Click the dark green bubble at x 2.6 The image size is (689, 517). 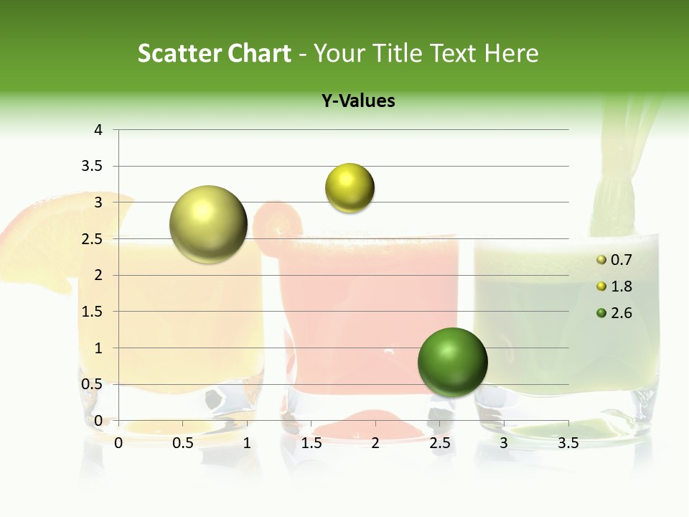coord(452,362)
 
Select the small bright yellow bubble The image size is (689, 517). coord(350,188)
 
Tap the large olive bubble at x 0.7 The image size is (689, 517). coord(209,225)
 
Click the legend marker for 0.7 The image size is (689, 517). coord(601,260)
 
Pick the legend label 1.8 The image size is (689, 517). coord(621,287)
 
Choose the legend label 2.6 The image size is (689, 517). coord(621,313)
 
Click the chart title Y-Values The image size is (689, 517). coord(358,101)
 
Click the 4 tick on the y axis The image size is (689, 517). coord(99,130)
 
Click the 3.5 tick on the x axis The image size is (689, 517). coord(568,443)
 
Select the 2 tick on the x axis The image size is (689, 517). coord(375,443)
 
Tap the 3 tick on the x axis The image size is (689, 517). coord(504,443)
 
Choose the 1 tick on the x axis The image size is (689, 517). coord(247,443)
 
